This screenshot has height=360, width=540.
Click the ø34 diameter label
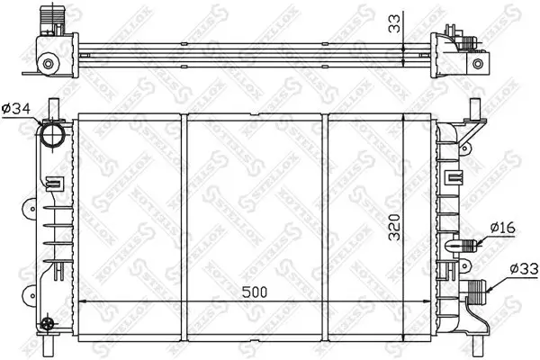click(17, 110)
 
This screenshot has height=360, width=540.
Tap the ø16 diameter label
click(503, 228)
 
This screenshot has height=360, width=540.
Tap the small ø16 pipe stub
click(471, 243)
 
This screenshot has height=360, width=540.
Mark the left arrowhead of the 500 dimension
click(85, 302)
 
